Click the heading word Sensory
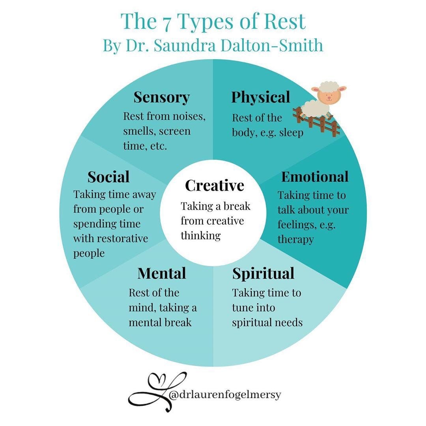pos(161,97)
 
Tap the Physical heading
pos(260,97)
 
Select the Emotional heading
pos(315,177)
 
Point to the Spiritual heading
pos(263,273)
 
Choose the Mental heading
pos(162,273)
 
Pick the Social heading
pos(108,177)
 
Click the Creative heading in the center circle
pos(215,185)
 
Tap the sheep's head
pos(328,93)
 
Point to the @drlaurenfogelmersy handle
pos(225,394)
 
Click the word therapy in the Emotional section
pos(295,239)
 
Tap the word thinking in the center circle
pos(200,235)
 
